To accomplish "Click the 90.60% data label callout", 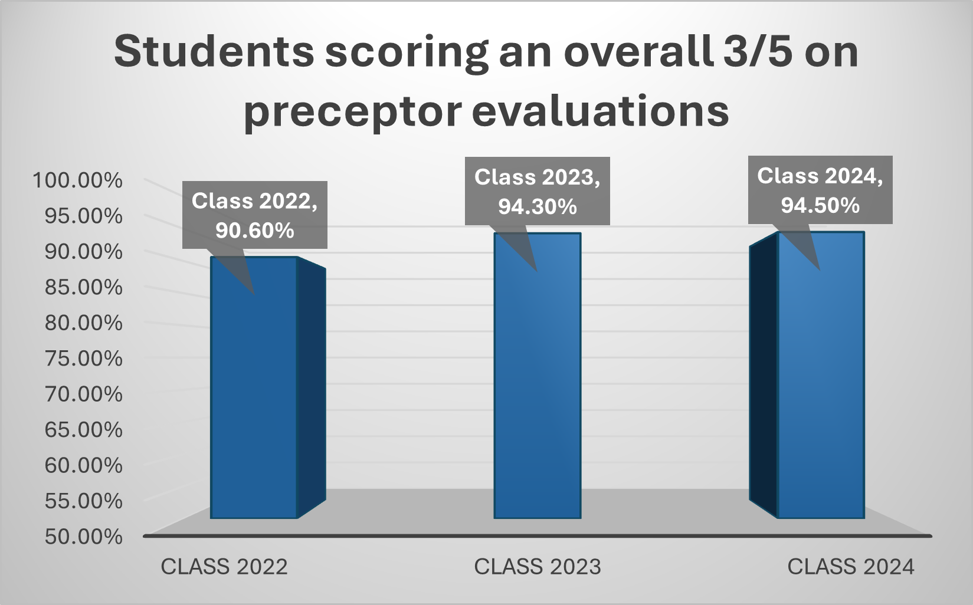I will coord(254,215).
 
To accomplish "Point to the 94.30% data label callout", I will coord(537,191).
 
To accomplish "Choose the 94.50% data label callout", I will coord(820,190).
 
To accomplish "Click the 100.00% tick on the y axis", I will coord(77,180).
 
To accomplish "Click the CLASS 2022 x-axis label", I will coord(224,567).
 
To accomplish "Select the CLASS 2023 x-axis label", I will coord(538,567).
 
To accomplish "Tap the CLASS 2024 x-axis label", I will coord(851,567).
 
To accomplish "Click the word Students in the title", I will coord(214,52).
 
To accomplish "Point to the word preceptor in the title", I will coord(352,112).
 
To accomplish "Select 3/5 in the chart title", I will coord(757,52).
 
